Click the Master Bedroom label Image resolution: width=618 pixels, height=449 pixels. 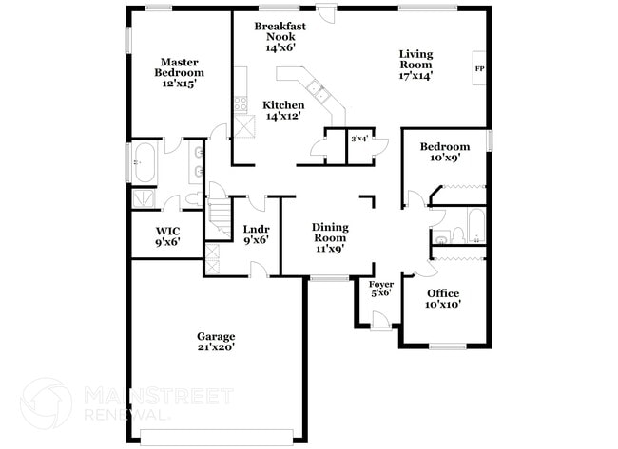point(181,72)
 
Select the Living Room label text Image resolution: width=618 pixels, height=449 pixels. point(415,65)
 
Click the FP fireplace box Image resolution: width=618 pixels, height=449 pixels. point(480,69)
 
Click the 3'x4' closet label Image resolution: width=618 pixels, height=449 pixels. point(359,139)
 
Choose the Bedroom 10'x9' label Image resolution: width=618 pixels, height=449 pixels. point(445,152)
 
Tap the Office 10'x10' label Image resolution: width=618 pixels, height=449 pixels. point(443,299)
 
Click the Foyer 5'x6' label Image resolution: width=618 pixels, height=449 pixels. point(380,288)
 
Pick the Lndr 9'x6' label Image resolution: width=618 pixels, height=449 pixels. point(256,234)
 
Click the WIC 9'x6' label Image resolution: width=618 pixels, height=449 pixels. point(168,235)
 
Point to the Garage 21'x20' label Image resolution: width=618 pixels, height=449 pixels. point(216,342)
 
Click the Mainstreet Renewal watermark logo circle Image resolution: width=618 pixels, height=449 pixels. point(46,402)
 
